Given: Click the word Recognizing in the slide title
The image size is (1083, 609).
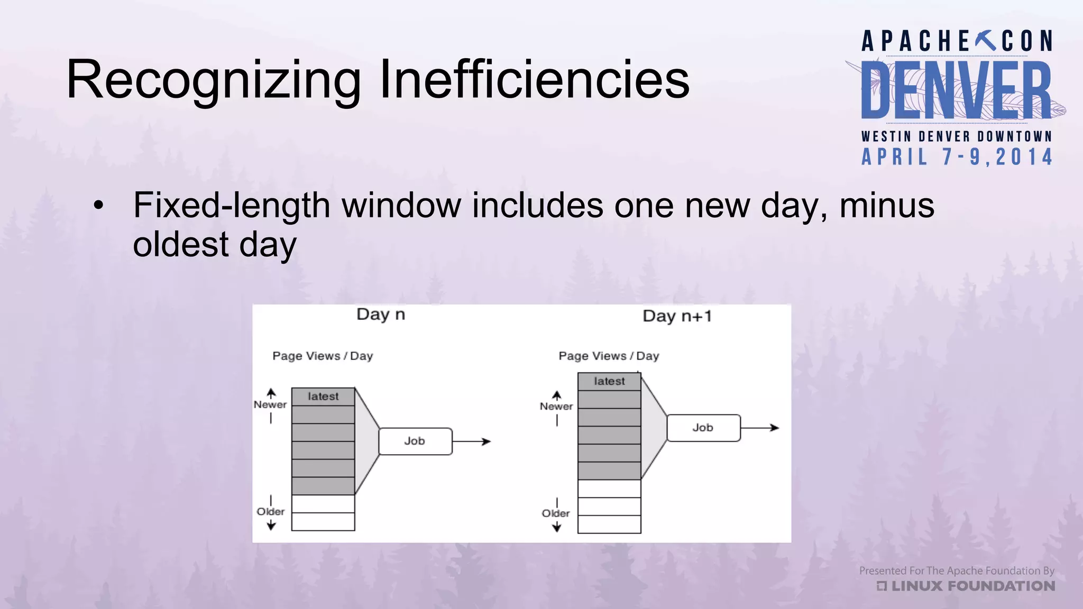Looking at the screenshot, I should click(213, 80).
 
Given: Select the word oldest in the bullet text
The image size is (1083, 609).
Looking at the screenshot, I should click(180, 245).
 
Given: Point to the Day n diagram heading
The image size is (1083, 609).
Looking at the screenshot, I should click(381, 315).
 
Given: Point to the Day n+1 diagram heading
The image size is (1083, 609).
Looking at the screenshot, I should click(677, 316).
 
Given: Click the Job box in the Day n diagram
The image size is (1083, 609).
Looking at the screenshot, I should click(415, 441).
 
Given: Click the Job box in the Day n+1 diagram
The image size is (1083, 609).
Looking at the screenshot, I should click(703, 428).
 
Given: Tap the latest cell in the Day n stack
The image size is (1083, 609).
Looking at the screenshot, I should click(323, 396).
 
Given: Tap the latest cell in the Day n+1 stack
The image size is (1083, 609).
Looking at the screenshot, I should click(609, 381).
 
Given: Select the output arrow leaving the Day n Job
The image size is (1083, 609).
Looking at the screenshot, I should click(472, 441).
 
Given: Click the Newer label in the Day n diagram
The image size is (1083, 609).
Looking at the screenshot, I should click(270, 404).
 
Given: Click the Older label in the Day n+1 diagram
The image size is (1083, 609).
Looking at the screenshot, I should click(556, 513).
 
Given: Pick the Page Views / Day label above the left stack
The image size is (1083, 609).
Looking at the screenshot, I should click(323, 356).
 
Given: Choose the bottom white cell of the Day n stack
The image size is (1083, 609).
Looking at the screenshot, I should click(323, 522).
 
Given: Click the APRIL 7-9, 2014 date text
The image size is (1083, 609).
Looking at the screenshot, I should click(957, 157).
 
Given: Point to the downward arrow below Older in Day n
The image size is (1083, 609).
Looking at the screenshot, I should click(271, 525).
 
